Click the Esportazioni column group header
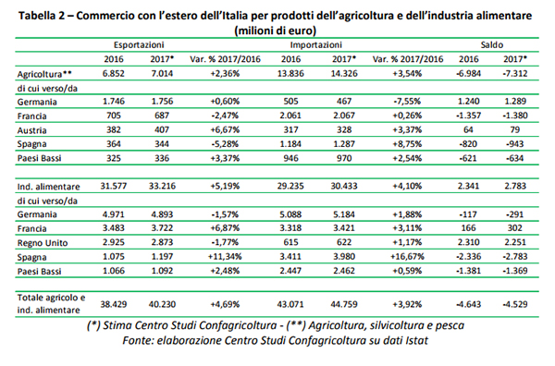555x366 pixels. (x=139, y=45)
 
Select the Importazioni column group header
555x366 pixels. (x=316, y=45)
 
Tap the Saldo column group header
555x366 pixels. (x=492, y=45)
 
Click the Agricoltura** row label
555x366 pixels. (x=44, y=74)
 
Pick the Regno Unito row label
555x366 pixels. (x=43, y=243)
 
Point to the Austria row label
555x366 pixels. (x=31, y=130)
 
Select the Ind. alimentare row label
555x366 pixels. (x=48, y=187)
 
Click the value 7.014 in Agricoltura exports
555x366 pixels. (x=162, y=74)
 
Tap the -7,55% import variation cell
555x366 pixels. (x=407, y=102)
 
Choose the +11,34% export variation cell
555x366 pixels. (x=225, y=256)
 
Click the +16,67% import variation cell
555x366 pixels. (x=407, y=256)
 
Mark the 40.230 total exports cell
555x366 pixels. (x=162, y=304)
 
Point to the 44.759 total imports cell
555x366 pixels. (x=344, y=304)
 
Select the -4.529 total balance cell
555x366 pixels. (x=515, y=304)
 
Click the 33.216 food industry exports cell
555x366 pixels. (x=162, y=186)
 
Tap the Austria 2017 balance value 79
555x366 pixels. (x=515, y=129)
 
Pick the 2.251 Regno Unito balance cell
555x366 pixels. (x=515, y=242)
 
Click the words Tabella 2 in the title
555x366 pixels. (x=42, y=16)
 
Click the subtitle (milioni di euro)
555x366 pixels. (x=276, y=30)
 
